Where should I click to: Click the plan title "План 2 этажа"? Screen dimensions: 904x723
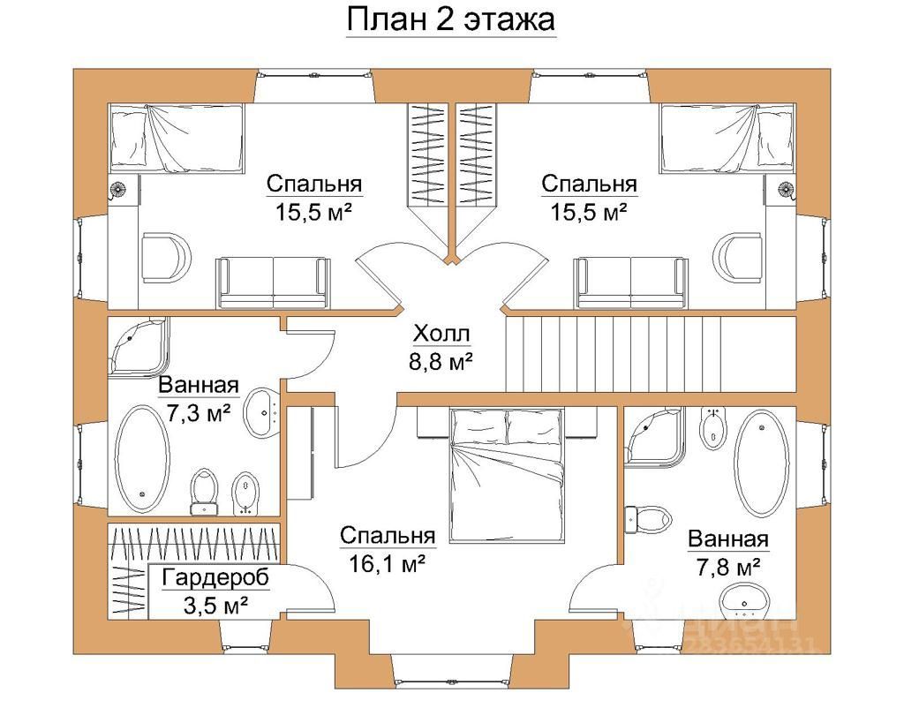(x=449, y=19)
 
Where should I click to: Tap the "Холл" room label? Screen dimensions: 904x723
(x=441, y=334)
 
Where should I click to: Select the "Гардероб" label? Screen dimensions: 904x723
(x=215, y=578)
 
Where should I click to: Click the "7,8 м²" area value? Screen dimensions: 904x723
(x=726, y=565)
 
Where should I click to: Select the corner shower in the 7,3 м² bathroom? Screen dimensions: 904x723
(x=137, y=346)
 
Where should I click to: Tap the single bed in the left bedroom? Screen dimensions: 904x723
(x=176, y=139)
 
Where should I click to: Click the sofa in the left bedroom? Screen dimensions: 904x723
(x=273, y=282)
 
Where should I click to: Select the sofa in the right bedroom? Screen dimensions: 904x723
(x=629, y=282)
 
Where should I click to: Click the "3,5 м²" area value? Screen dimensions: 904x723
(x=215, y=606)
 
